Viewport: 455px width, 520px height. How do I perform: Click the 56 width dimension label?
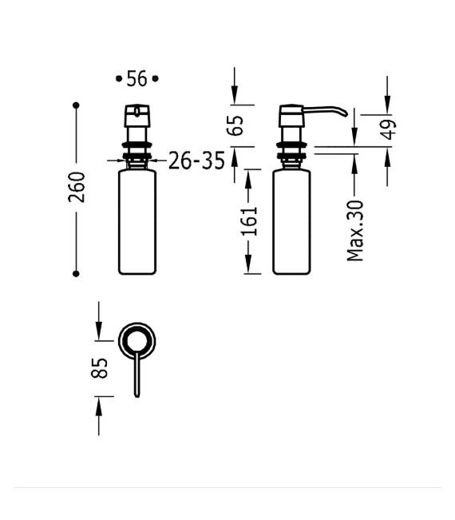(x=136, y=79)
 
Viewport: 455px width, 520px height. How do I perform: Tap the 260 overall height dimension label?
(x=77, y=188)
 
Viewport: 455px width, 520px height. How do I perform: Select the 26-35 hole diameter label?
(x=196, y=161)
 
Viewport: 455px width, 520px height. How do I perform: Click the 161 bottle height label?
(x=249, y=221)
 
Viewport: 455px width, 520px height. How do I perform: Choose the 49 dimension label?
(x=388, y=129)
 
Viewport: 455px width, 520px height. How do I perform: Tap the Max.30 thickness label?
(x=355, y=231)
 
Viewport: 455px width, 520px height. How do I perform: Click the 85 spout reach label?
(x=100, y=368)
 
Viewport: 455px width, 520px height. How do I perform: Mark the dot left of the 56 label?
(x=119, y=79)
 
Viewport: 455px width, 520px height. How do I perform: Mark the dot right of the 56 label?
(x=155, y=79)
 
